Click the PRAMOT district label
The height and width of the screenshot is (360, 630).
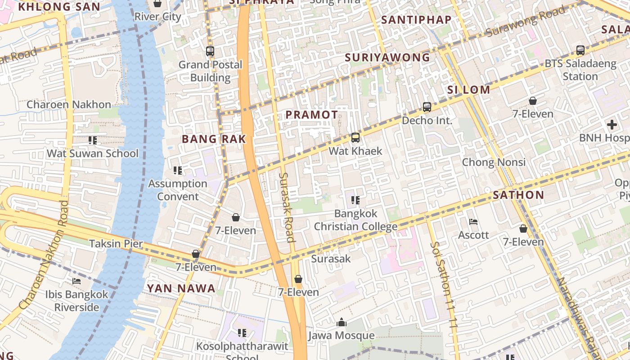312,115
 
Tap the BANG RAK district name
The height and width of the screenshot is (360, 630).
214,139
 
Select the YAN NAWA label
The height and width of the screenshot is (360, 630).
181,288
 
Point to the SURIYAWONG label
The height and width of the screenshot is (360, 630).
387,58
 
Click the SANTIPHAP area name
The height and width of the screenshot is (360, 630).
416,20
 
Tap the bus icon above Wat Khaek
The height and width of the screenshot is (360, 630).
355,138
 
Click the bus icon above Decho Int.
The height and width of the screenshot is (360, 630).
427,107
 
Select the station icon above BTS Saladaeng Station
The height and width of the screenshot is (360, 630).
580,50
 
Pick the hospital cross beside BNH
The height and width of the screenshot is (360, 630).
612,124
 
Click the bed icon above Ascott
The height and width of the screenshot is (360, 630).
473,221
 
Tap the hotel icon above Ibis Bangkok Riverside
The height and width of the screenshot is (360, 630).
76,281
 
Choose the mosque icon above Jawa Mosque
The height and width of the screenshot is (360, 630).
341,322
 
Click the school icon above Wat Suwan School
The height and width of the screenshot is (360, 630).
93,140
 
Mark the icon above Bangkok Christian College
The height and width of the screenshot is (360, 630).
355,200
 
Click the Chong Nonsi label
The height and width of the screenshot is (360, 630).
494,162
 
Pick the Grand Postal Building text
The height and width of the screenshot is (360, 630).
210,71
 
